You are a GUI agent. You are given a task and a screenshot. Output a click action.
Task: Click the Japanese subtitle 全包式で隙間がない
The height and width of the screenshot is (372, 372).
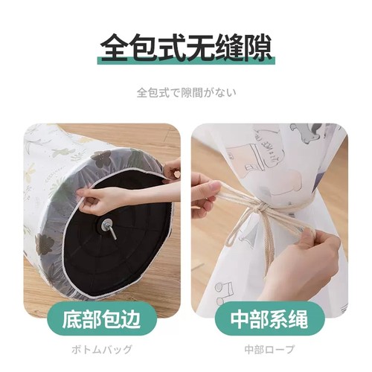(x=186, y=94)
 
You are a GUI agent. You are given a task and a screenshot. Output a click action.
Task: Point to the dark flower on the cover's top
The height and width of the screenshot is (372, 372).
(x=101, y=158)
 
